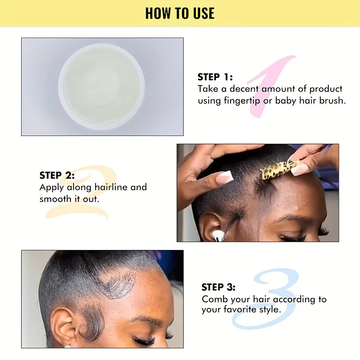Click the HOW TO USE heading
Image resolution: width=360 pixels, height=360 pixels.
click(x=180, y=13)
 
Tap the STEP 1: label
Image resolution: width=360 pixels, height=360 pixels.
click(x=215, y=77)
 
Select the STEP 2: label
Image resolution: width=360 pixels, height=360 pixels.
click(x=57, y=175)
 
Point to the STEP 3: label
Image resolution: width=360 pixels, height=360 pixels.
click(x=218, y=287)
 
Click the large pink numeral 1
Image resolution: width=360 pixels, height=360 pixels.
click(x=272, y=86)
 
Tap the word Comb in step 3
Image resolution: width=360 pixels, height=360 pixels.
click(x=215, y=299)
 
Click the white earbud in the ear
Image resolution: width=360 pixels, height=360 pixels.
click(x=218, y=236)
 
